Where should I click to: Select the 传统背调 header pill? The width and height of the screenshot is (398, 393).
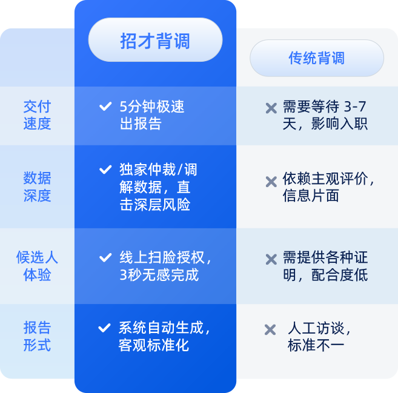point(317,58)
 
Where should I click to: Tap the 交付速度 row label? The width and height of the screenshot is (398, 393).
point(37,115)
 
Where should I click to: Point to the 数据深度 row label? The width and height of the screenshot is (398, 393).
point(37,187)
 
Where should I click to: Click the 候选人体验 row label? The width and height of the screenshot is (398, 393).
point(37,266)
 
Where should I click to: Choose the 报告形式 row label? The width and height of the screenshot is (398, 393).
point(37,337)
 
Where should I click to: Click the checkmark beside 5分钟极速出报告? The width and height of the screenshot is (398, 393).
point(105,107)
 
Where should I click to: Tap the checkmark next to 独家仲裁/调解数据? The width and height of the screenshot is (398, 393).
point(105,170)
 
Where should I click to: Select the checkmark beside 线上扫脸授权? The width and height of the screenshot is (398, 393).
point(105,257)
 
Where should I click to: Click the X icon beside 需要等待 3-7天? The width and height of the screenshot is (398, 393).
point(271,108)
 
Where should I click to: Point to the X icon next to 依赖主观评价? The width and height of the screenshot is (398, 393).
point(271,181)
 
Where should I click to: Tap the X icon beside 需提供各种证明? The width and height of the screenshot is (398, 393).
point(271,259)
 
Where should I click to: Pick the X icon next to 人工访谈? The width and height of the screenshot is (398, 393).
point(270,329)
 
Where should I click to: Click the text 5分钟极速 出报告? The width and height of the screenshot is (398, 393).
point(151,116)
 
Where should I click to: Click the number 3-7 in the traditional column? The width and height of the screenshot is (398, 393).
point(355,107)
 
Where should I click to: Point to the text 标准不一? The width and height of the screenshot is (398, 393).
point(316,345)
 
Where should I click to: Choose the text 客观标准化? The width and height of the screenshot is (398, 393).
point(154,345)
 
